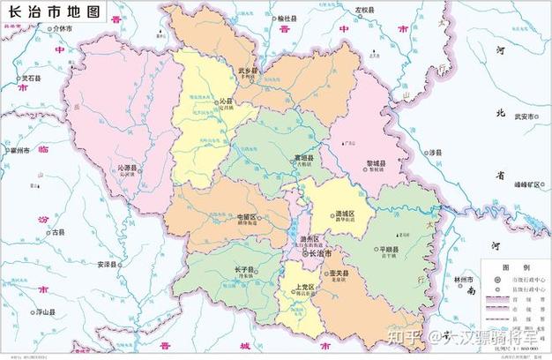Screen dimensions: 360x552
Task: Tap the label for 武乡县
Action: click(x=247, y=70)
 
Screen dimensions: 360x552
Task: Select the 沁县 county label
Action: click(x=227, y=101)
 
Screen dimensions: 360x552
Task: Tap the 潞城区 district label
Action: click(x=344, y=214)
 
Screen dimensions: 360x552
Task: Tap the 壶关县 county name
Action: click(x=339, y=275)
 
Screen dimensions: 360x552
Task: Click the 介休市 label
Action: click(x=63, y=28)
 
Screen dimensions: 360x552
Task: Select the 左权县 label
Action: click(x=363, y=11)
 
